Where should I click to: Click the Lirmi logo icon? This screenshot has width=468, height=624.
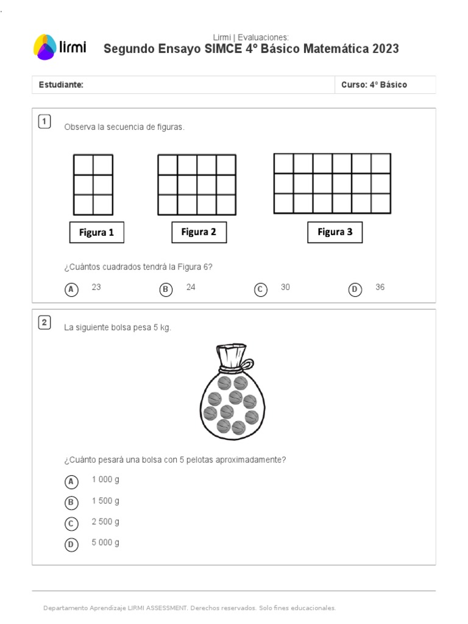(x=44, y=47)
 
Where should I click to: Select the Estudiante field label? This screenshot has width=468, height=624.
(x=61, y=85)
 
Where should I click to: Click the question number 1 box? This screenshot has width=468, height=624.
(x=44, y=121)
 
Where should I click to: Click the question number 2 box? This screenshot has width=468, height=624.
(x=44, y=322)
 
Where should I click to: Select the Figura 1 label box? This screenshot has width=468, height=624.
(x=96, y=232)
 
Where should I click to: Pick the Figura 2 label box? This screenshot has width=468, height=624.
(x=199, y=232)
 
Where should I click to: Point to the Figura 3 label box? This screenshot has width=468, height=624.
(x=335, y=232)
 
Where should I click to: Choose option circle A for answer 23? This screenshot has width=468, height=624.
(x=72, y=289)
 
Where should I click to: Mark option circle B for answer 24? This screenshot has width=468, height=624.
(x=166, y=289)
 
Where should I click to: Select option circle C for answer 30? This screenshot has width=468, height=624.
(x=261, y=289)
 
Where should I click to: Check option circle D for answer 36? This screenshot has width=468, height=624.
(x=355, y=289)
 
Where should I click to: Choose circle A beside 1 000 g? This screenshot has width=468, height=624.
(x=72, y=482)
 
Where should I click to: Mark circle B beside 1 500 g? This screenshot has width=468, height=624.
(x=72, y=503)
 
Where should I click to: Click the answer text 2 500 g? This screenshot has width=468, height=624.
(x=105, y=522)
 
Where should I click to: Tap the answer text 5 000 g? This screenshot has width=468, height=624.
(x=105, y=542)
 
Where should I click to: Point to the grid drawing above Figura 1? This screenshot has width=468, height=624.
(x=93, y=185)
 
